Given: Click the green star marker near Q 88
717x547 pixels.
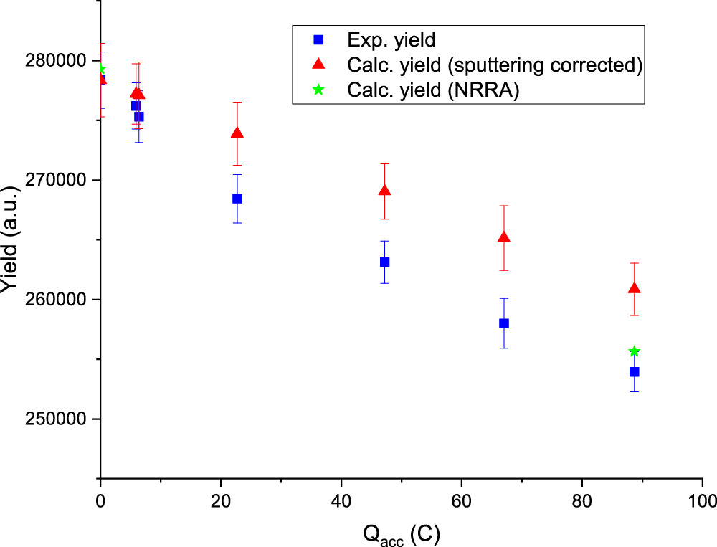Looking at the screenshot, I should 634,351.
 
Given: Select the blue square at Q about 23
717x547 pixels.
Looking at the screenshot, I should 237,199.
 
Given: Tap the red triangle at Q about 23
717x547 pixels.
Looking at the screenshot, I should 237,133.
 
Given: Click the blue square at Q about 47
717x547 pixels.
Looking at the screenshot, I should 385,262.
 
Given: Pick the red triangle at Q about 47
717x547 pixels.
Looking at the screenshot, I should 385,191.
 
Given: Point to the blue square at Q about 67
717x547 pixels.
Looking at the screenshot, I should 504,323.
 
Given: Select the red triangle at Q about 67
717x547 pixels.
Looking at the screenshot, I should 504,237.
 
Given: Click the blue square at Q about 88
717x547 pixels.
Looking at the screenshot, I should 634,371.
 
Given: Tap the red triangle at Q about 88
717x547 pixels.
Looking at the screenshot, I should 634,288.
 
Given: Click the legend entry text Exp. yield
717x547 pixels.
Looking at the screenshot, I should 391,39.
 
